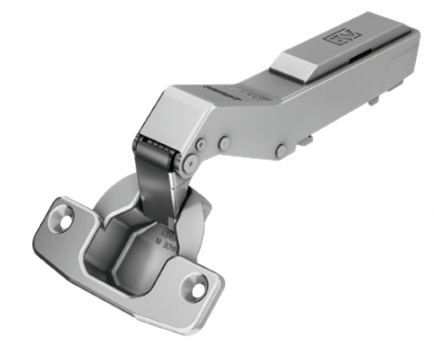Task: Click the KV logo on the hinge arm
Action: coord(341,39)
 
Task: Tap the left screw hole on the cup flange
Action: coord(65,218)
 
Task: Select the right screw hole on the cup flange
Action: coord(199,282)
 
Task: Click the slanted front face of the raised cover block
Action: coord(292,64)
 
